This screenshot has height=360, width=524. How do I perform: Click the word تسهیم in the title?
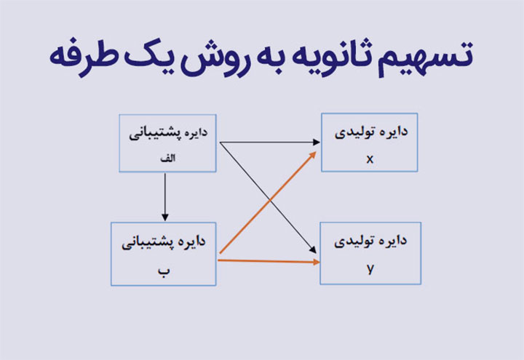(426, 57)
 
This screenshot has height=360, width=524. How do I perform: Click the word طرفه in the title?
(84, 57)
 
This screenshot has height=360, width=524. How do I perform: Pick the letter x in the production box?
(370, 159)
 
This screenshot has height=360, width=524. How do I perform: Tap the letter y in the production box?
(370, 268)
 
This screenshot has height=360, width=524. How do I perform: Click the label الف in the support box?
(168, 158)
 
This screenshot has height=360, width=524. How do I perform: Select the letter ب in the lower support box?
(164, 271)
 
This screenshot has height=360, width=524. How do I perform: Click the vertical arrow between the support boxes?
(164, 196)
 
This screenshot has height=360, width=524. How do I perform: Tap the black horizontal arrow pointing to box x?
(270, 143)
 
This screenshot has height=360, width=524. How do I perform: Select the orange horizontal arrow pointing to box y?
(269, 261)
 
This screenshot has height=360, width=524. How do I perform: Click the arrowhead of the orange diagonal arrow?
(312, 156)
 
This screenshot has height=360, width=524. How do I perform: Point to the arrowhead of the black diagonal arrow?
(312, 249)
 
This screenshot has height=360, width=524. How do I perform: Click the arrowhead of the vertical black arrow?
(164, 217)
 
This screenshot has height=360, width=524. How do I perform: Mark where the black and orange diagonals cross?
(270, 200)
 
